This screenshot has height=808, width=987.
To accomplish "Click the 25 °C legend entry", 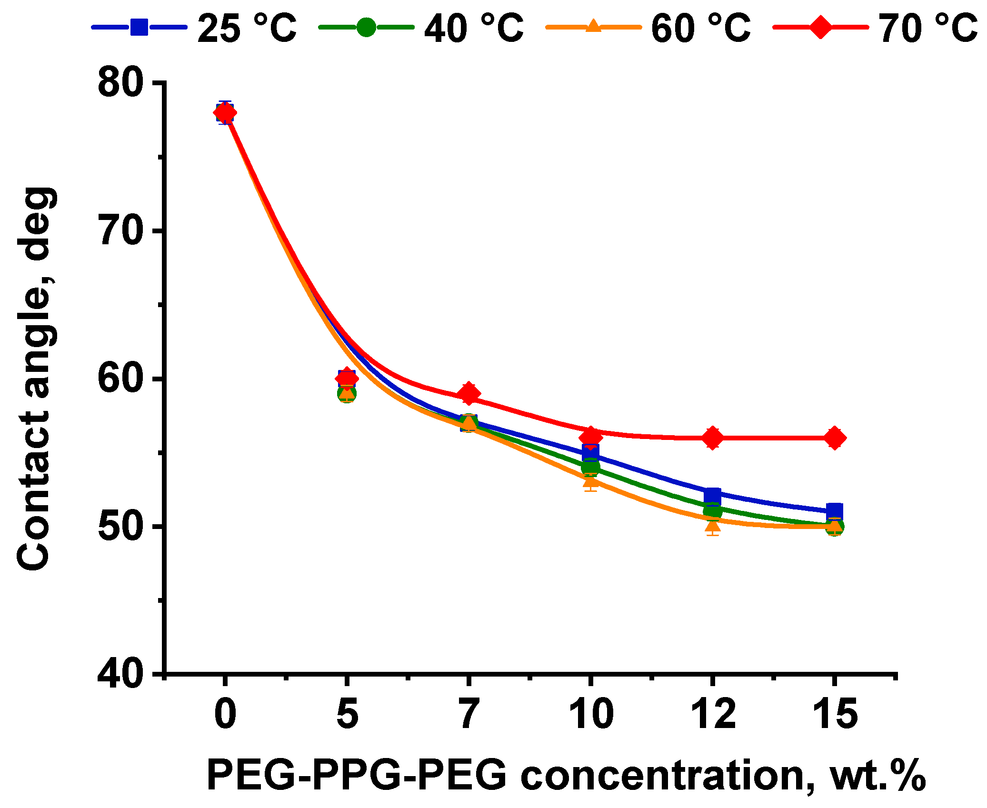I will click(x=194, y=28).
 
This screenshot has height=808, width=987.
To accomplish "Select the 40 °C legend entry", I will click(x=421, y=28).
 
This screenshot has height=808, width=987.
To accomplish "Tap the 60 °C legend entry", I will click(x=648, y=28).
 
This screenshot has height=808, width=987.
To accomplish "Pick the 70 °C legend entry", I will click(x=875, y=28).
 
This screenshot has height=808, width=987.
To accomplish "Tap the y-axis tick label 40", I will click(x=120, y=674).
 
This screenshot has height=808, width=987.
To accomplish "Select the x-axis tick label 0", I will click(x=225, y=714).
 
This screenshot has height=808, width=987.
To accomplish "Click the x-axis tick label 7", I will click(x=469, y=714).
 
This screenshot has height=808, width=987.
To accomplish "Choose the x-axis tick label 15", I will click(x=834, y=714).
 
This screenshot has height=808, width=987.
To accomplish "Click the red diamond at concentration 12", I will click(x=713, y=438).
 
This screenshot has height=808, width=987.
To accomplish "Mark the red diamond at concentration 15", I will click(x=835, y=438).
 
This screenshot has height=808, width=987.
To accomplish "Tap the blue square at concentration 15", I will click(x=835, y=511).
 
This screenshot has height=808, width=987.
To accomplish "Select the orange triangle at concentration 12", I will click(x=713, y=526).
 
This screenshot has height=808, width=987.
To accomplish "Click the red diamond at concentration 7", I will click(x=469, y=393).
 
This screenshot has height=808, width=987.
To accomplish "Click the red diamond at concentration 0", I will click(x=225, y=113).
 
